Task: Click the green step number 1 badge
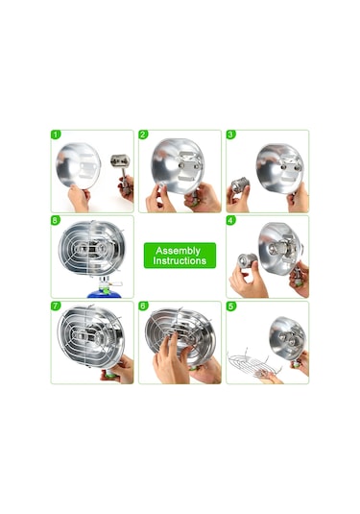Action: [x=56, y=135]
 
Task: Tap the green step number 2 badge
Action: [x=143, y=135]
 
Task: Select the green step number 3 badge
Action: [x=231, y=135]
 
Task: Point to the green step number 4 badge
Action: [x=231, y=220]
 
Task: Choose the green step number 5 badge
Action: [x=231, y=306]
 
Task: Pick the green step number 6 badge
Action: [x=143, y=306]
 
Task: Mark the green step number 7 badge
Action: [x=56, y=306]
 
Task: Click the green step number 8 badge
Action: [x=56, y=220]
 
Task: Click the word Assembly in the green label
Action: [x=178, y=251]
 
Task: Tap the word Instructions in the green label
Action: [x=180, y=261]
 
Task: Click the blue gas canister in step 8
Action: [x=105, y=293]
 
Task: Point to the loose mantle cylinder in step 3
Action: [x=240, y=185]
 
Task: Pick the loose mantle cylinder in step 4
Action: [x=248, y=260]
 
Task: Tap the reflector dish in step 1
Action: [x=79, y=165]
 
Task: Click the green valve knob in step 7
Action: [x=109, y=374]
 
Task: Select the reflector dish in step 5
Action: [x=288, y=338]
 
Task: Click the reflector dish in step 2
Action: [x=178, y=166]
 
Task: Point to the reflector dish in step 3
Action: [x=280, y=168]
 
